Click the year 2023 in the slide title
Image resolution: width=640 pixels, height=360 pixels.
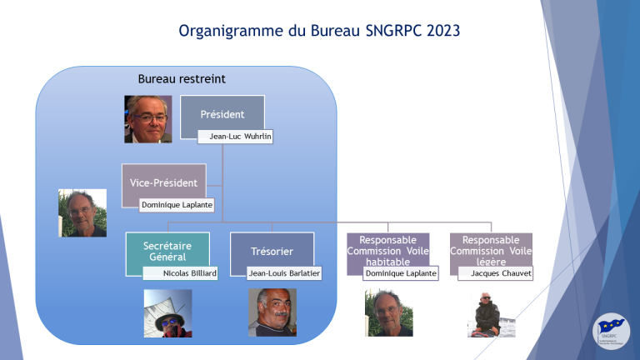(443, 31)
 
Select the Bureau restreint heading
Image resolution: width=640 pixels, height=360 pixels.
(182, 79)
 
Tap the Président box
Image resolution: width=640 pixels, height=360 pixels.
(222, 114)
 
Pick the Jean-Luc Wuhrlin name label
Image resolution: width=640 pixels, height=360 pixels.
(235, 137)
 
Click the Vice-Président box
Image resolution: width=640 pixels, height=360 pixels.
(163, 182)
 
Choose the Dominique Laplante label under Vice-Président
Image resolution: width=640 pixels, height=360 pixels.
(177, 205)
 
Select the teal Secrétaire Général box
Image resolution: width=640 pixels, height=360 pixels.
(167, 252)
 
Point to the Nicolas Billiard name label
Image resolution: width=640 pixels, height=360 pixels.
(180, 273)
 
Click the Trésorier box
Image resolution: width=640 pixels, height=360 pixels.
(272, 252)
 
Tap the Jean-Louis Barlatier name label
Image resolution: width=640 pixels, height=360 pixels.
(284, 273)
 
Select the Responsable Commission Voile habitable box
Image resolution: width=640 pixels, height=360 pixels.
(387, 251)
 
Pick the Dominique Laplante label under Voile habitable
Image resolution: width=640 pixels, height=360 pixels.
(400, 273)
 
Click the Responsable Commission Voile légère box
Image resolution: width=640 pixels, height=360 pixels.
(491, 251)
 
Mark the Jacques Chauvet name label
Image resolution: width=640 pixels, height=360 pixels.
(496, 273)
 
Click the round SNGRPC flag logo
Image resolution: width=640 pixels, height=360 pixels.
(611, 332)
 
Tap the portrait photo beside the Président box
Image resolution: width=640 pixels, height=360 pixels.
(148, 119)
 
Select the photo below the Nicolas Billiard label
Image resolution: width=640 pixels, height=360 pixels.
(167, 313)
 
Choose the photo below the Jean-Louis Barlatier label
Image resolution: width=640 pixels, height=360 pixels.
(272, 312)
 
